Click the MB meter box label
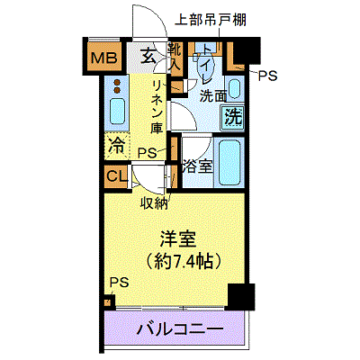[103, 58]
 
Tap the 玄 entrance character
[148, 56]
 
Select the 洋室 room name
[178, 239]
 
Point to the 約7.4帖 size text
[184, 262]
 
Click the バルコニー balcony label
[180, 329]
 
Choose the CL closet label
[116, 176]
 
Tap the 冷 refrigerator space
[117, 146]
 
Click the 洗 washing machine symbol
[233, 117]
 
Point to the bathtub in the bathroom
[229, 163]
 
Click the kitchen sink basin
[117, 111]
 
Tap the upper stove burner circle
[117, 83]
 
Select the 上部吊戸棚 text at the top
[211, 21]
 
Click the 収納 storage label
[154, 204]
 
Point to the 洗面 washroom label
[213, 96]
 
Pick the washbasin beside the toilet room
[234, 89]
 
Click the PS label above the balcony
[119, 283]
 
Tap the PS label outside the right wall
[268, 76]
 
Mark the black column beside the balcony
[241, 297]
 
